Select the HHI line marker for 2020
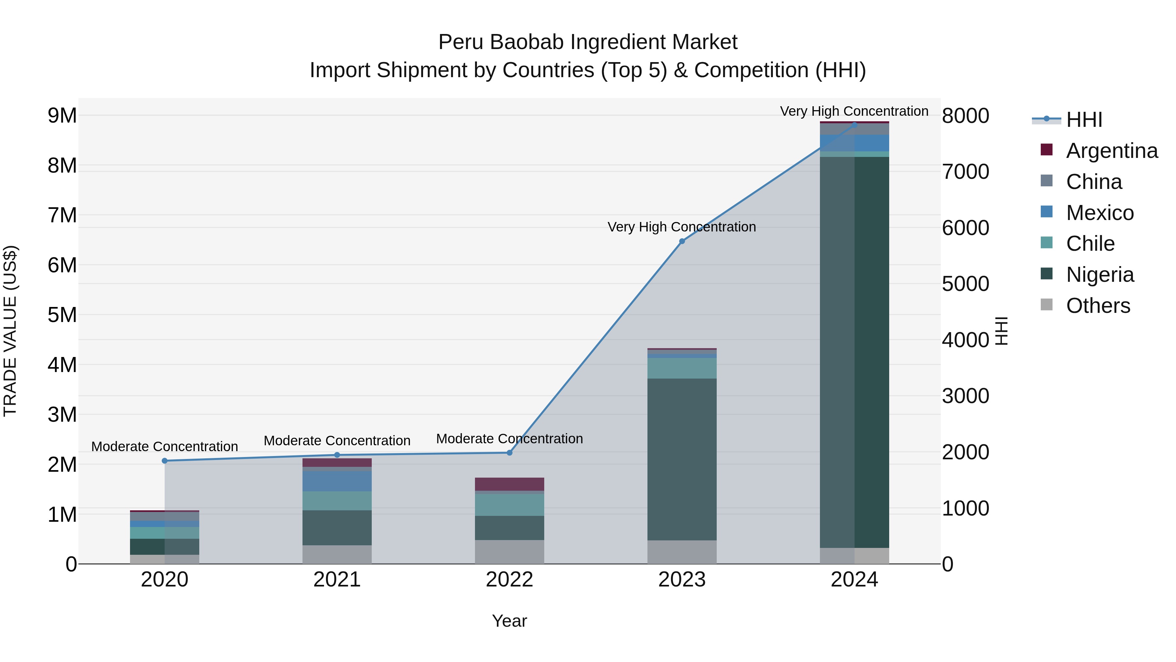tap(165, 461)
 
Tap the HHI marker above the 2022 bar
tap(510, 453)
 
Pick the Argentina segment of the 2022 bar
tap(510, 484)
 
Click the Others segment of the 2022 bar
tap(510, 552)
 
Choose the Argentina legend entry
tap(1112, 151)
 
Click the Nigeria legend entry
tap(1100, 275)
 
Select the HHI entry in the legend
tap(1084, 120)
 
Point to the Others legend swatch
tap(1046, 305)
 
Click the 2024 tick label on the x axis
tap(854, 580)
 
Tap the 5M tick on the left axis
tap(62, 315)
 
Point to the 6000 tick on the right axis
tap(965, 228)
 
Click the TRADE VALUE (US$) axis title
tap(10, 331)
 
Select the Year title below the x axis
tap(510, 621)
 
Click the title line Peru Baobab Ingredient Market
tap(588, 42)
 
